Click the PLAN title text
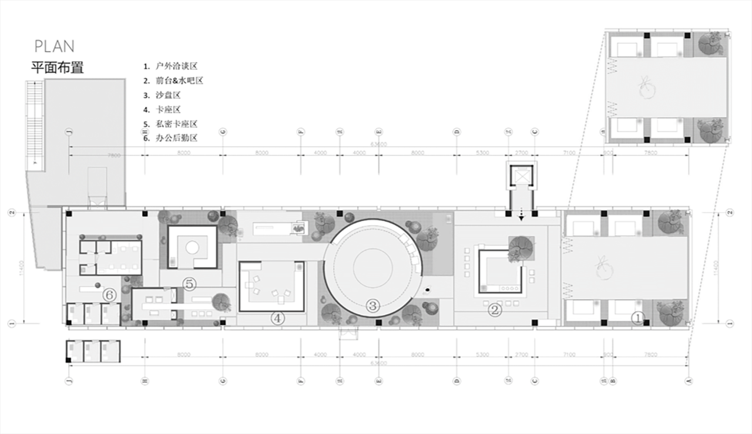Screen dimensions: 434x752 tap(54, 46)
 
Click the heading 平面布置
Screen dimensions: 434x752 tap(58, 67)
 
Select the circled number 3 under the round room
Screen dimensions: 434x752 tap(372, 305)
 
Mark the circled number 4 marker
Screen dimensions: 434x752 tap(277, 318)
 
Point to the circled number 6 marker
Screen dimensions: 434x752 tap(109, 294)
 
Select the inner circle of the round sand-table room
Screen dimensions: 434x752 tap(372, 267)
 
